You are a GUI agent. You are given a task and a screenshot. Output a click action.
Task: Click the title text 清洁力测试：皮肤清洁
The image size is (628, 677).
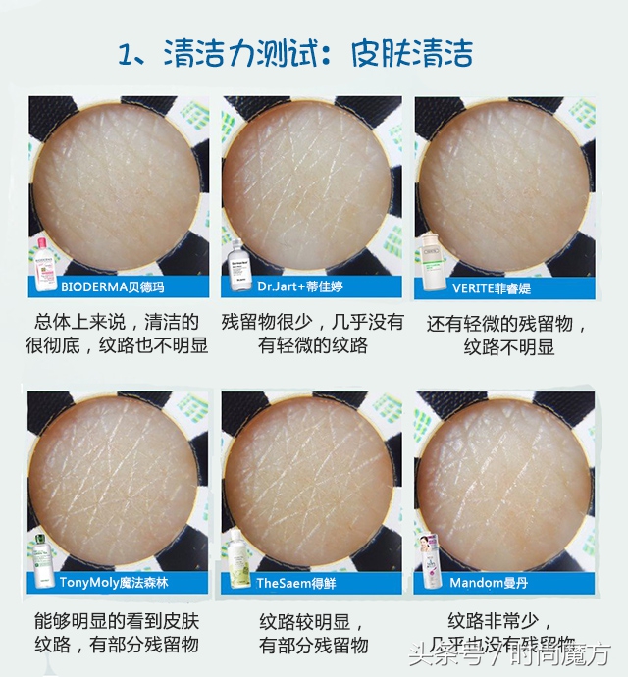[x=294, y=52]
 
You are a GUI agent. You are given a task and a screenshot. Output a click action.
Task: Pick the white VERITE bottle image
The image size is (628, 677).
[x=429, y=264]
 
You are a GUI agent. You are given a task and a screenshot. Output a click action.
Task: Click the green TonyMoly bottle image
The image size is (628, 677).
[x=41, y=560]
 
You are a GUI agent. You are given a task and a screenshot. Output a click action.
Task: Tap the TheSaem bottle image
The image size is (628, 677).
[x=236, y=560]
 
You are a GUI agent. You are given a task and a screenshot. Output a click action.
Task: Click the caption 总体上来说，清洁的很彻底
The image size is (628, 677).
[x=117, y=334]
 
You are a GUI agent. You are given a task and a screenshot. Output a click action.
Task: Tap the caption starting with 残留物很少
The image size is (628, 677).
[x=312, y=334]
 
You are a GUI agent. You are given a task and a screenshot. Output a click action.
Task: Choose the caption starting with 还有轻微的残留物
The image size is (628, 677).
[x=507, y=335]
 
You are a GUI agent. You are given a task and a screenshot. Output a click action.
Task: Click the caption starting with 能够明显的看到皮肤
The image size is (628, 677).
[x=117, y=633]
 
